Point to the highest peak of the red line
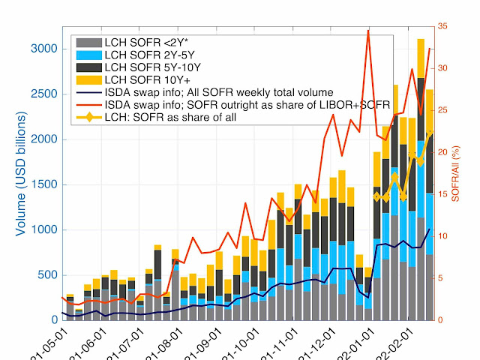tap(367, 30)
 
